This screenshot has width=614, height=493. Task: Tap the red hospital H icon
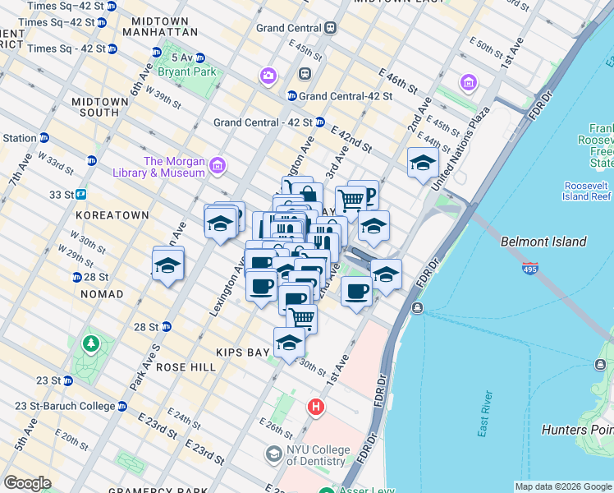tap(315, 407)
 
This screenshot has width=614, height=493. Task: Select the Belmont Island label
tap(543, 242)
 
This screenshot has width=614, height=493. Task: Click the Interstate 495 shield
tap(529, 269)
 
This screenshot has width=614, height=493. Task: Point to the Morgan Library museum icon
tap(218, 167)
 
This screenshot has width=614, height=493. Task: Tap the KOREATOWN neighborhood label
tap(112, 215)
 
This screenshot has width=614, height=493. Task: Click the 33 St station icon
tap(81, 195)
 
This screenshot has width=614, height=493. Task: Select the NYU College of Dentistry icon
tap(273, 454)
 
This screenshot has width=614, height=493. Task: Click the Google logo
tap(27, 483)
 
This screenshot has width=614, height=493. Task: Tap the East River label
tap(485, 415)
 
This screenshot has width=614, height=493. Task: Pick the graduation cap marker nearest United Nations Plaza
tap(422, 163)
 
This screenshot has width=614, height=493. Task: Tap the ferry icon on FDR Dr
tap(418, 308)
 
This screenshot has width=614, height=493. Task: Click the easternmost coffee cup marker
tap(356, 291)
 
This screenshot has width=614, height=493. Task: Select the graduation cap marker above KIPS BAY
tap(289, 342)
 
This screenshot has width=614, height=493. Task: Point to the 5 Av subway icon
tap(199, 58)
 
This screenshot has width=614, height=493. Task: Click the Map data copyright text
tap(562, 486)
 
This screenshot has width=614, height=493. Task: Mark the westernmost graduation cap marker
tap(167, 265)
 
